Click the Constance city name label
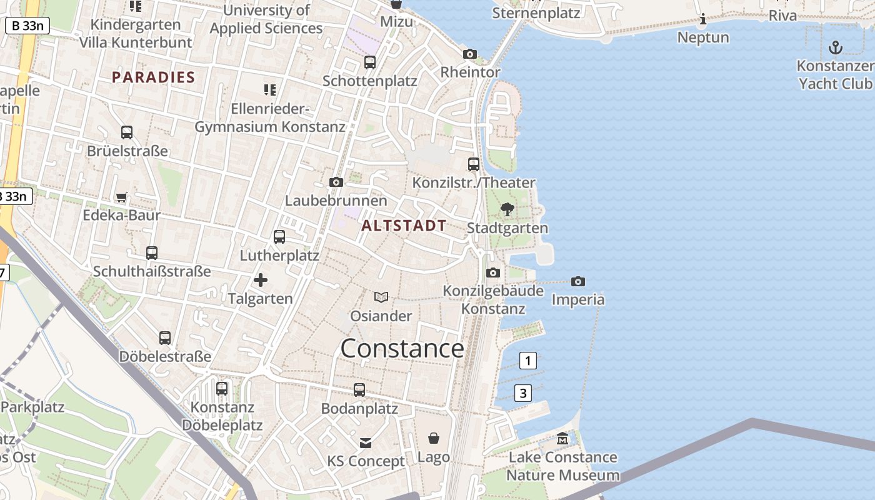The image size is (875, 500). point(402,349)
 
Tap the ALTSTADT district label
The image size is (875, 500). point(404,226)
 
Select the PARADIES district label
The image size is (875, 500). point(153,77)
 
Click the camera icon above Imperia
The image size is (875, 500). point(578,281)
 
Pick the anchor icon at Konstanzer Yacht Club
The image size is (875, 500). point(835,47)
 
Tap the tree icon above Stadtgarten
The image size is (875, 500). point(507,209)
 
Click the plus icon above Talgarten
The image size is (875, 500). point(260,280)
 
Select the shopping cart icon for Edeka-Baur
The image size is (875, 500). point(122,197)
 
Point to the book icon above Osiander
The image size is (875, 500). point(381,297)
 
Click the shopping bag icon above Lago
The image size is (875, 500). point(434,438)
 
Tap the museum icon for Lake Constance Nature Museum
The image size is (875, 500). point(562,438)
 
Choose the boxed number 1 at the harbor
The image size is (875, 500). point(528,361)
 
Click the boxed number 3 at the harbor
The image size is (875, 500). point(523,393)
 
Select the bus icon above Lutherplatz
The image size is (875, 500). point(279,237)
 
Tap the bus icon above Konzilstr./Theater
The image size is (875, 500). point(474,164)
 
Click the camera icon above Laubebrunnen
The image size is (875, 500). point(336,182)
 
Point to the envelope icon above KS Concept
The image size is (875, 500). point(366,442)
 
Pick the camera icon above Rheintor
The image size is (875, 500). point(470,54)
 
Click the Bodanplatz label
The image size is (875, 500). point(359,409)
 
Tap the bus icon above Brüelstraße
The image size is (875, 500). point(127,132)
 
